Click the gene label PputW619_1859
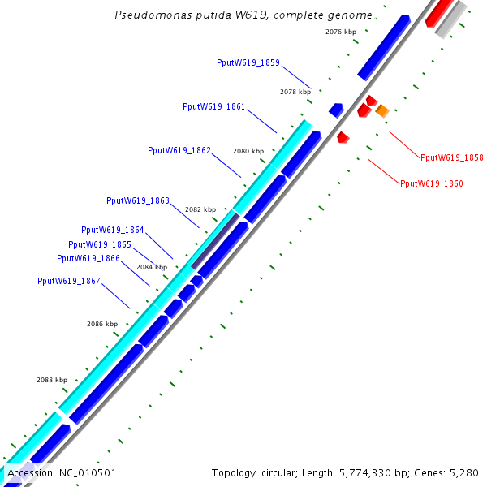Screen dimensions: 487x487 point(248,62)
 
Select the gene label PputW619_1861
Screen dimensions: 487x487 point(214,106)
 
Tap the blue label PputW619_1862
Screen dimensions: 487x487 point(179,150)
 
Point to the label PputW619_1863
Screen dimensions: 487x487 point(138,200)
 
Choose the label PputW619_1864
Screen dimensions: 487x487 point(113,230)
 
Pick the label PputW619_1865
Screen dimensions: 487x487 point(100,244)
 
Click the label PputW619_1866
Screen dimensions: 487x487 point(88,258)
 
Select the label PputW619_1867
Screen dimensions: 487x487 point(69,281)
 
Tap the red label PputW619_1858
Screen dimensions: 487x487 point(452,157)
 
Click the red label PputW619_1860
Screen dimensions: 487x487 point(432,184)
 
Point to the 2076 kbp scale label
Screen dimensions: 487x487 point(341,32)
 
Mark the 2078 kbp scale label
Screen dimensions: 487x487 point(295,92)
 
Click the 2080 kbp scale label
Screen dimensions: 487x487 point(248,151)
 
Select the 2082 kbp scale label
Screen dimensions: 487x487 point(200,209)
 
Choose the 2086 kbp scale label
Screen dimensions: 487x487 point(102,324)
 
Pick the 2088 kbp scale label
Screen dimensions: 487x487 point(52,380)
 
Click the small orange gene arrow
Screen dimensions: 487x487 point(382,110)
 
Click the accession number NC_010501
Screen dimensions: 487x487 point(87,472)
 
